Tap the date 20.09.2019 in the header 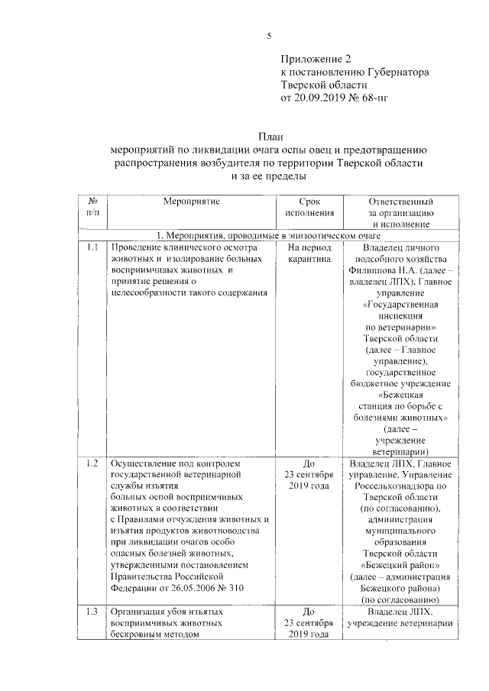tap(319, 98)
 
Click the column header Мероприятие tap(191, 201)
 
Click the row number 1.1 tap(92, 248)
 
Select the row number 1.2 tap(92, 463)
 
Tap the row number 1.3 tap(92, 612)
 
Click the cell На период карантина tap(309, 254)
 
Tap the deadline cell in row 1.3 tap(309, 624)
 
